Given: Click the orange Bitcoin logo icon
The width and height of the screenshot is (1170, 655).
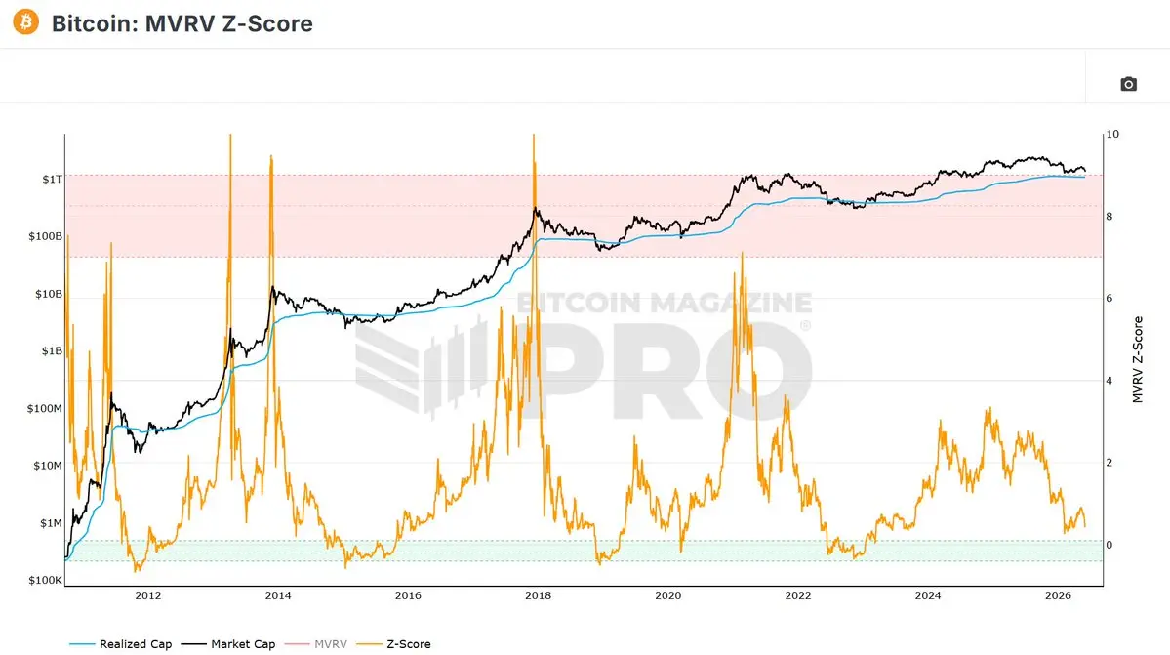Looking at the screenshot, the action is tap(25, 22).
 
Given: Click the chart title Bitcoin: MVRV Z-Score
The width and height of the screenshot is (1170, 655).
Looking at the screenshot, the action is tap(182, 23).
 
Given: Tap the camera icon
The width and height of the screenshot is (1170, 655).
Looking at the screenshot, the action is tap(1128, 84).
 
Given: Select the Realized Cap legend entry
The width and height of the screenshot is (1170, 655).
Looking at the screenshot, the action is tap(120, 644).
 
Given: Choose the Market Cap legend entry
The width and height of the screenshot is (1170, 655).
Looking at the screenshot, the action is tap(228, 644).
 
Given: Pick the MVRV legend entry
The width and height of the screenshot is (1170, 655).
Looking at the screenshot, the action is tap(315, 644).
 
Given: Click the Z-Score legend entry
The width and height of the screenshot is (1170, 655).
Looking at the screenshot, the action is tap(393, 644).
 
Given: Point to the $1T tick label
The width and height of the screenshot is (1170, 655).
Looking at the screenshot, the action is tap(53, 179).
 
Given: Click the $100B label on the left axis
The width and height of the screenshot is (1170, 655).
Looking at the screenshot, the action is tap(46, 236).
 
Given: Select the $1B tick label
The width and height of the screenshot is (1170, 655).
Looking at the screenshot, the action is tap(53, 350).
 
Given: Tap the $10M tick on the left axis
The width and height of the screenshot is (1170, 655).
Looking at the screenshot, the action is tap(48, 466).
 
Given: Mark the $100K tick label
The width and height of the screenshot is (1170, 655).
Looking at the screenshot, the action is tap(45, 581).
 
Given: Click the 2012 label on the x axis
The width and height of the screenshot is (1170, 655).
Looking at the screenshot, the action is tap(147, 595).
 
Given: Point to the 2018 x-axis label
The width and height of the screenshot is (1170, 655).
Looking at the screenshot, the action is tap(538, 595).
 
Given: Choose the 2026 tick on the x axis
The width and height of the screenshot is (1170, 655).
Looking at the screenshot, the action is tap(1058, 595).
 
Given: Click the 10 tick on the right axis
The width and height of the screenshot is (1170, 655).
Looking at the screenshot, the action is tap(1112, 135).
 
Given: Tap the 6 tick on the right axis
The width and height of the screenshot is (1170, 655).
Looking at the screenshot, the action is tap(1109, 299).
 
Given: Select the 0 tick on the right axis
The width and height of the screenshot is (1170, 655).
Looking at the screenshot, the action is tap(1109, 545).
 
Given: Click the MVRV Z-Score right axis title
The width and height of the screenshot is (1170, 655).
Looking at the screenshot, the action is tap(1138, 359).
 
